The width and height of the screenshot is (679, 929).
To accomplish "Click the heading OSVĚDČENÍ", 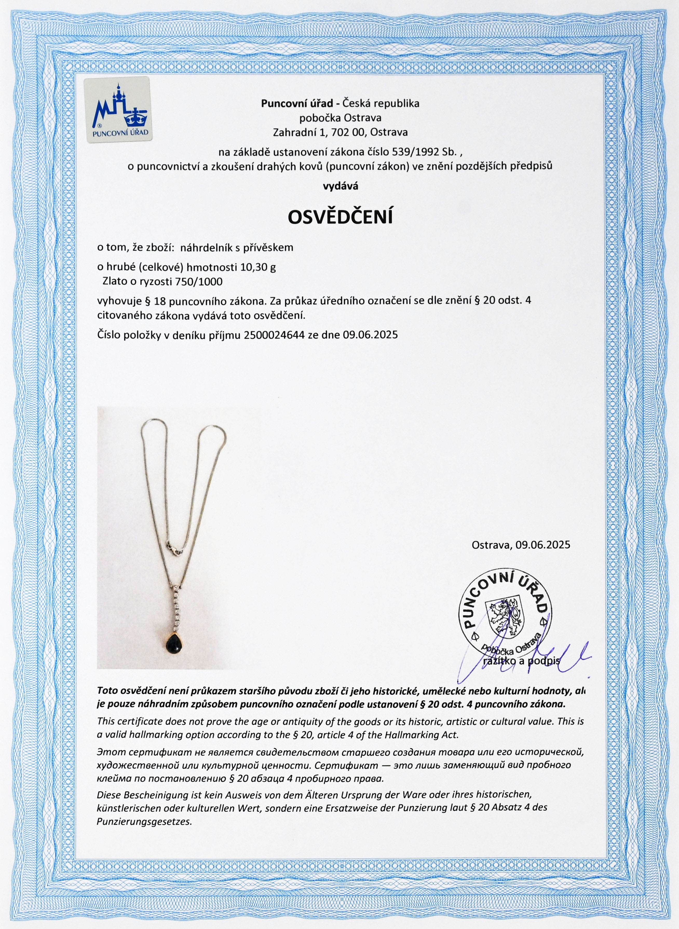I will (x=340, y=217).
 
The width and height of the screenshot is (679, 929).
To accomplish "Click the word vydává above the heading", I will (x=340, y=186).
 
